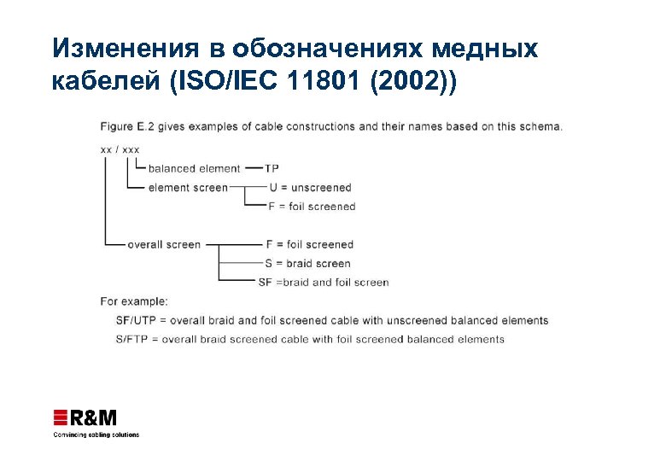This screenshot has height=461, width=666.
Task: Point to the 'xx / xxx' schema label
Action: click(x=120, y=149)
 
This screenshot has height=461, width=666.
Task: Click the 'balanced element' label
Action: click(x=194, y=168)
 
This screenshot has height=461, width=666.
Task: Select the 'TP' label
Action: click(x=272, y=168)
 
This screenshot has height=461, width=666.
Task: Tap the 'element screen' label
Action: click(x=188, y=187)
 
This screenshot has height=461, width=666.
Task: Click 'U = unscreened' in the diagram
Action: click(x=310, y=187)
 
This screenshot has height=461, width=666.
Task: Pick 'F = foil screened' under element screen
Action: click(x=313, y=206)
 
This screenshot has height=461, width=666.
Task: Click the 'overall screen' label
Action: click(x=164, y=244)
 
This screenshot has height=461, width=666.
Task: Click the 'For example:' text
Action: click(x=134, y=301)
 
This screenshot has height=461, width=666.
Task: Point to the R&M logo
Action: click(x=85, y=417)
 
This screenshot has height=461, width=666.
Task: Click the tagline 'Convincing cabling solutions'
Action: click(x=96, y=434)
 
